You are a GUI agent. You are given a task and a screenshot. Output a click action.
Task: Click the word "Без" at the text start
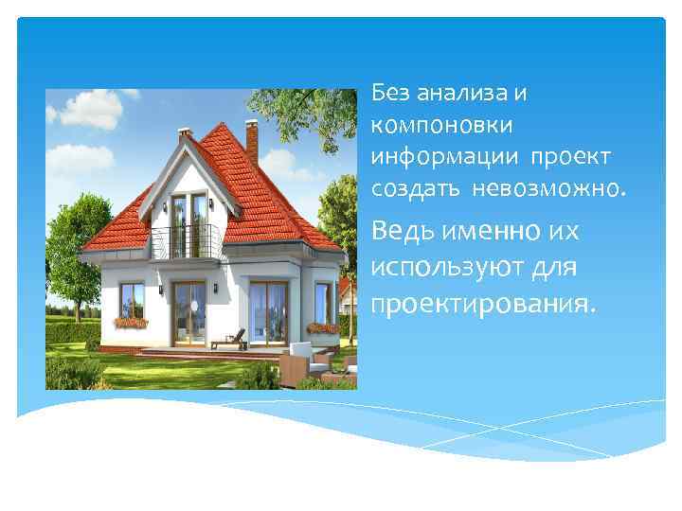click(389, 93)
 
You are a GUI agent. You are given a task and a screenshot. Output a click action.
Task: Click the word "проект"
click(571, 154)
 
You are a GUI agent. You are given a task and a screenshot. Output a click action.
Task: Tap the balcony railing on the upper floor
click(186, 241)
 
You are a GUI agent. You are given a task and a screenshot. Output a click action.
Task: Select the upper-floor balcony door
click(188, 222)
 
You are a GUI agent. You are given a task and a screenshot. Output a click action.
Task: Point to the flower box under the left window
click(131, 322)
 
